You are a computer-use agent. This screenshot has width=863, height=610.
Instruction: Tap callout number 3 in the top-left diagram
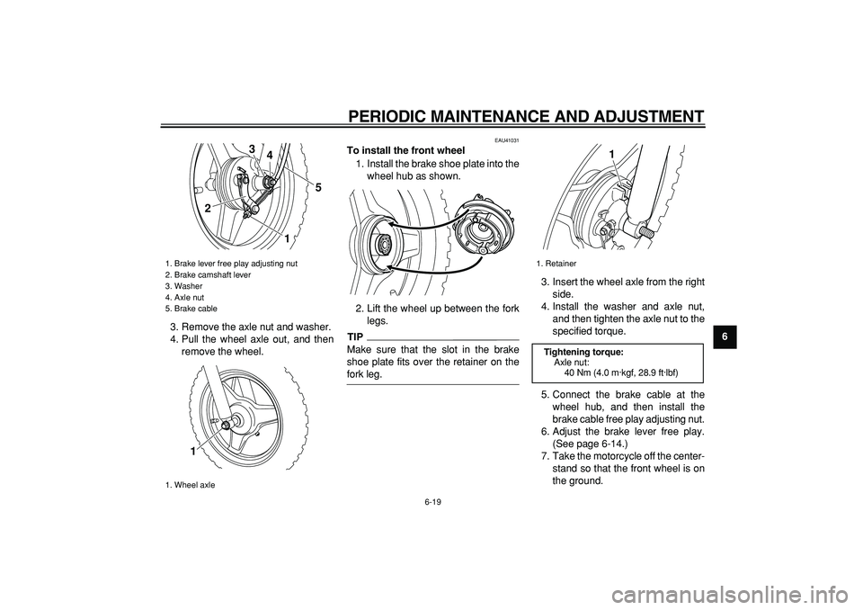click(252, 148)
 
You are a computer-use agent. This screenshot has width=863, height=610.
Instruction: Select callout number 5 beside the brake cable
click(317, 187)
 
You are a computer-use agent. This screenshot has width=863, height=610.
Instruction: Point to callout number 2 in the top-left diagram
click(208, 209)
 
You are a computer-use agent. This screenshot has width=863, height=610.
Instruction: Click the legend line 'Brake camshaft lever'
click(212, 275)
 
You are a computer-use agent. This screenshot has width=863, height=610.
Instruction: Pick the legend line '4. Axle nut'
click(185, 298)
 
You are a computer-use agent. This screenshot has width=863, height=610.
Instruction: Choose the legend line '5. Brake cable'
click(191, 309)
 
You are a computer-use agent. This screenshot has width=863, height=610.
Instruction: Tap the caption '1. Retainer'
click(557, 264)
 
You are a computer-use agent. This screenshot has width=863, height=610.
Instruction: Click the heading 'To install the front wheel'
click(405, 150)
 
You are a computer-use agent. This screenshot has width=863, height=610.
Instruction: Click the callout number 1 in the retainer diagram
click(611, 156)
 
